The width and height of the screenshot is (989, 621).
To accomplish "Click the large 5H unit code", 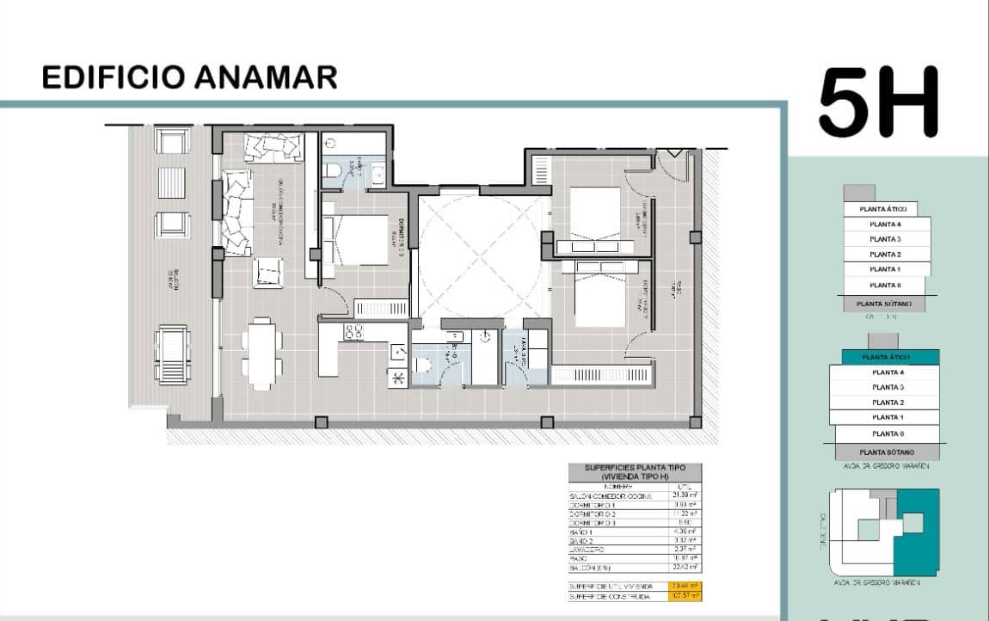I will pyautogui.click(x=878, y=103).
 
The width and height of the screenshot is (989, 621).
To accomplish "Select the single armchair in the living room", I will pyautogui.click(x=267, y=272).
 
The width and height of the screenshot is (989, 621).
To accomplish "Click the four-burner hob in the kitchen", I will pyautogui.click(x=354, y=332).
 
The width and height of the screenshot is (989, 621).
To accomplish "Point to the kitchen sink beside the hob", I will pyautogui.click(x=398, y=352).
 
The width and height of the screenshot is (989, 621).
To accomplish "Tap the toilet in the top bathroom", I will pyautogui.click(x=333, y=172).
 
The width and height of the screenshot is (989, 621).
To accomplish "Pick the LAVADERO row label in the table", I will pyautogui.click(x=587, y=549).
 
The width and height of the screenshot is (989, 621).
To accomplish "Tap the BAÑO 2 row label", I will pyautogui.click(x=582, y=540).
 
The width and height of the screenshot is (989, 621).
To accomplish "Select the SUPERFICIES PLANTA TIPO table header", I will pyautogui.click(x=635, y=471).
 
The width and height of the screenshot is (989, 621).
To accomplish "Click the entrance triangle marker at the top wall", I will pyautogui.click(x=674, y=153).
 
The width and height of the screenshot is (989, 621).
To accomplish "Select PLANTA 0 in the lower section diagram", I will pyautogui.click(x=887, y=433).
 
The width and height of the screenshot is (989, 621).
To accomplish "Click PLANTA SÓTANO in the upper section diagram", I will pyautogui.click(x=884, y=304).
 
